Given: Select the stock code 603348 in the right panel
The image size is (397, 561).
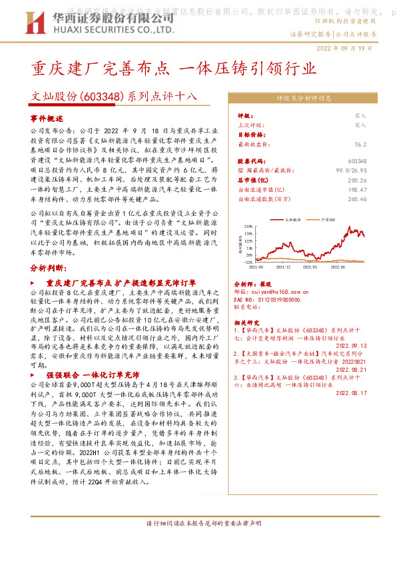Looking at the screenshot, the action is (x=376, y=162).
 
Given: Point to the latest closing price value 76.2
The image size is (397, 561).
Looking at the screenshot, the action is (x=380, y=143).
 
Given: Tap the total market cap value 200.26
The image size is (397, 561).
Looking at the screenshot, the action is (x=376, y=180).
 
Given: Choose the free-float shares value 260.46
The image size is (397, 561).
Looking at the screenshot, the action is (x=376, y=198).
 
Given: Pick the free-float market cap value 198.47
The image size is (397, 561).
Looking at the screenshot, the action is (x=376, y=189).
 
